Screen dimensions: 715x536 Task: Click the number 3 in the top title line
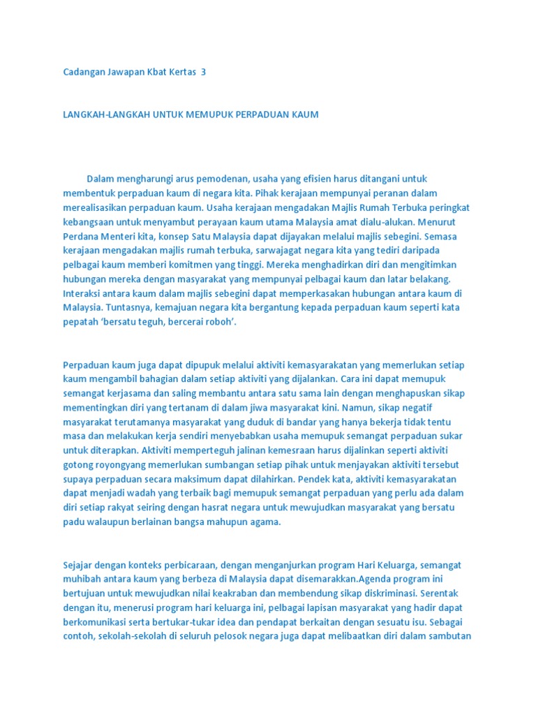click(203, 72)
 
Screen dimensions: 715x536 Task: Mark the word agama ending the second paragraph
click(262, 522)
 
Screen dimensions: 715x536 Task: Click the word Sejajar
click(78, 564)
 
